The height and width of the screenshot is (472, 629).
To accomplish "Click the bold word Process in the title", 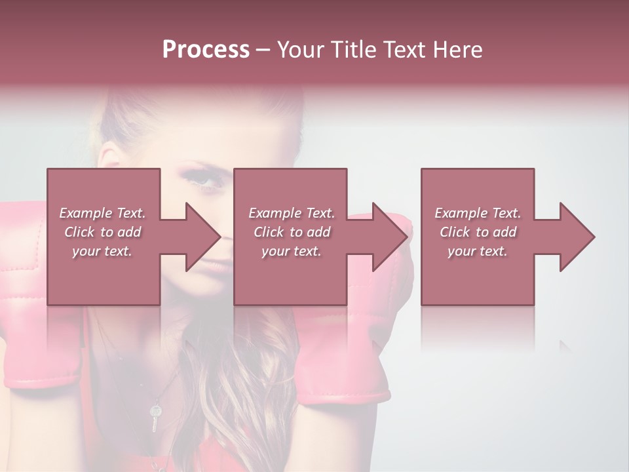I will (206, 50).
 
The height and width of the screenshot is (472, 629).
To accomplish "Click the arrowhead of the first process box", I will (199, 237).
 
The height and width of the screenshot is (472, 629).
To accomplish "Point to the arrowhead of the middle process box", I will (387, 237).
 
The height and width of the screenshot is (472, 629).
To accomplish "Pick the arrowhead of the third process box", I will (574, 237).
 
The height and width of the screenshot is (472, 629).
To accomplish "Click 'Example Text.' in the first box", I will (102, 213).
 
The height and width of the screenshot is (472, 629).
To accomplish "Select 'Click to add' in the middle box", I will (292, 232).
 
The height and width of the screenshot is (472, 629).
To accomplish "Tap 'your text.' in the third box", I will (478, 251).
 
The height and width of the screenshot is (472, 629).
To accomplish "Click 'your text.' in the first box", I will (102, 251).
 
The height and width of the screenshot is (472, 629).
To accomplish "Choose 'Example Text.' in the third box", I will (478, 213).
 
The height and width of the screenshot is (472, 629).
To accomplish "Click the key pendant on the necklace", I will (155, 417).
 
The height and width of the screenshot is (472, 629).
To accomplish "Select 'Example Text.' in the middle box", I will (292, 213).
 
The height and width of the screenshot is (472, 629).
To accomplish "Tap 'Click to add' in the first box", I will (102, 232).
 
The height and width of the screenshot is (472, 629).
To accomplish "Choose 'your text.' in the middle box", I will (292, 251).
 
